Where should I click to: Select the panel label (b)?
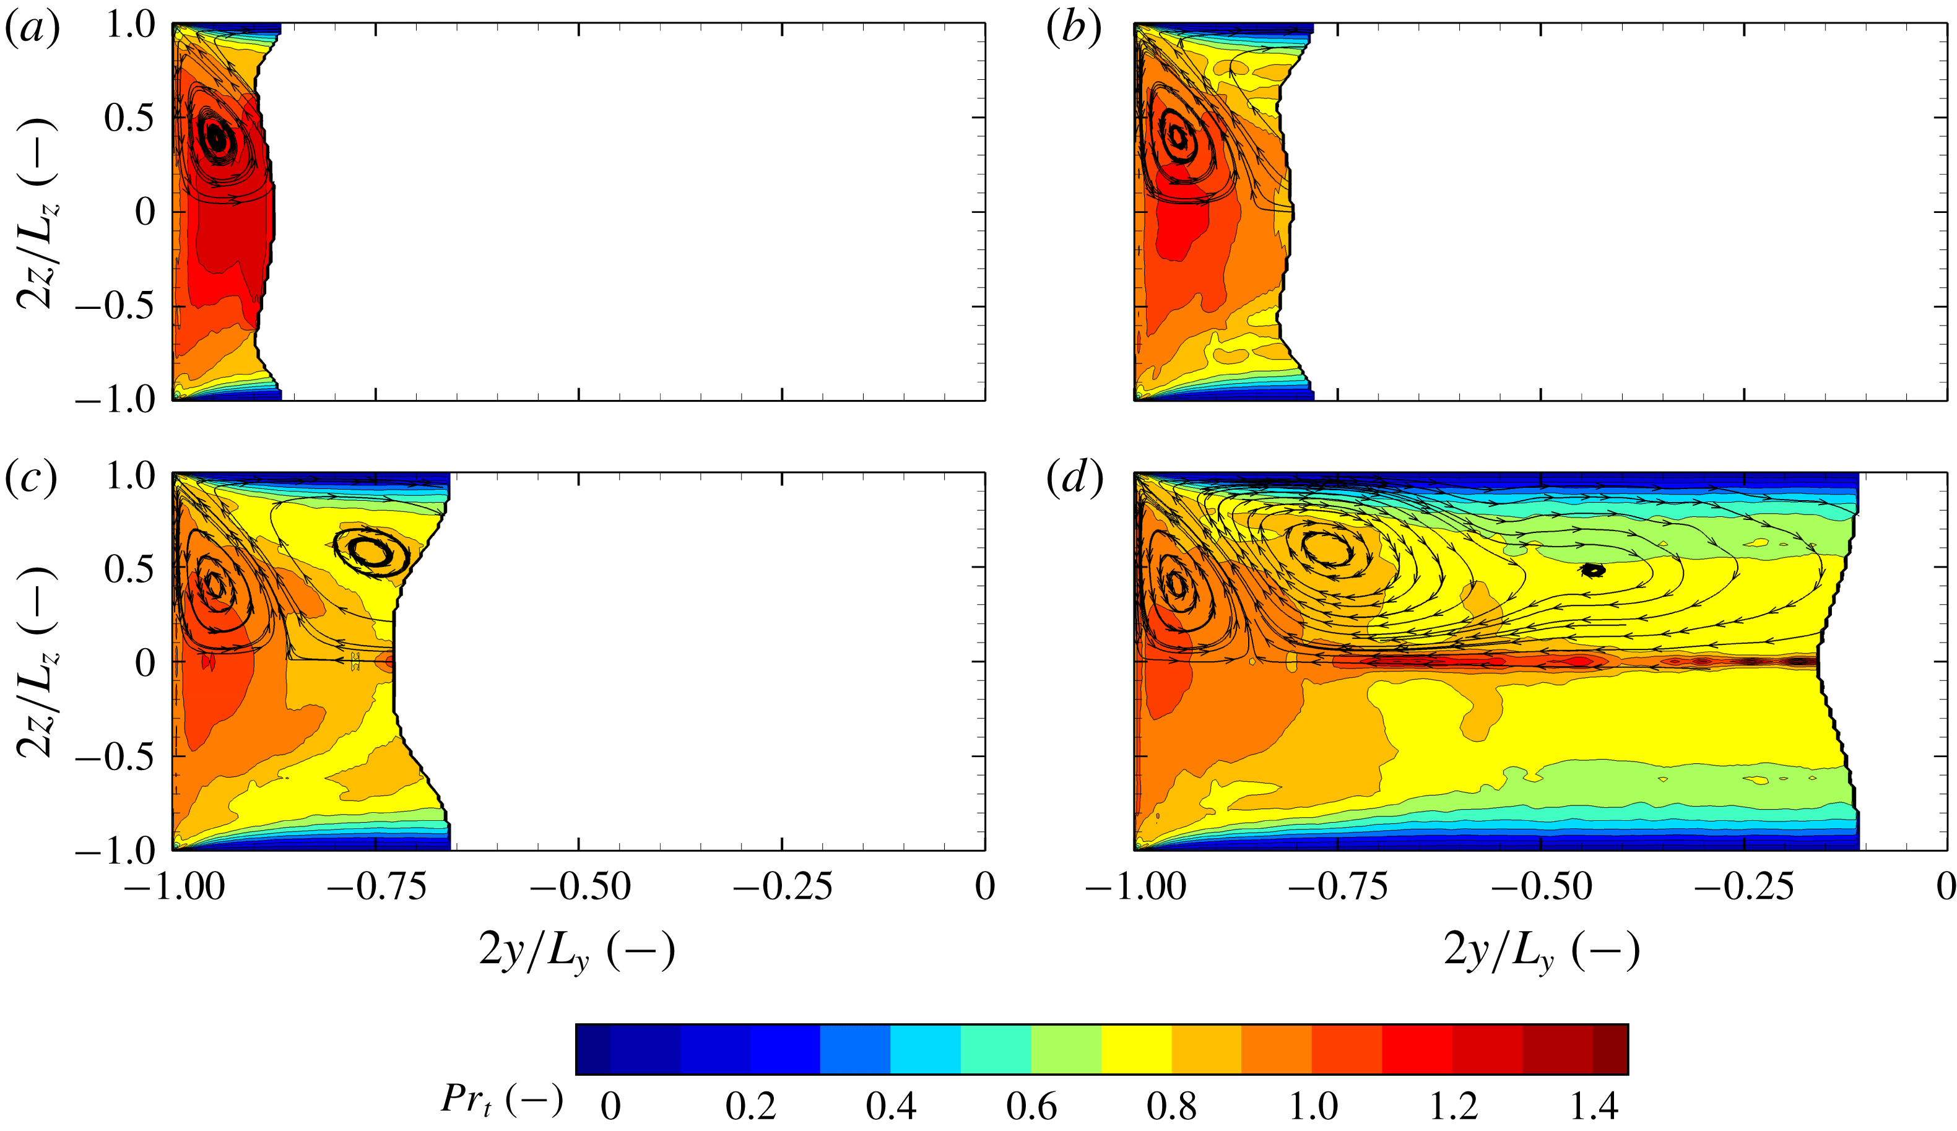coord(1074,31)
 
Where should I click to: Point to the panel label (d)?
coord(1074,479)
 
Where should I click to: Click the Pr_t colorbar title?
coord(501,1100)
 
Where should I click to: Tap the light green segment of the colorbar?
coord(1066,1049)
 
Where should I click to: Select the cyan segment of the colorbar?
coord(925,1049)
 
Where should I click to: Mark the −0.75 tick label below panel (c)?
coord(376,886)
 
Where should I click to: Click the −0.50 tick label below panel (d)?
coord(1541,886)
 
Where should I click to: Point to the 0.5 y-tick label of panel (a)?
coord(129,118)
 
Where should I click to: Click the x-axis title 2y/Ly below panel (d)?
coord(1541,951)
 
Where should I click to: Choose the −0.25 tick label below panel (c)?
coord(782,886)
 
